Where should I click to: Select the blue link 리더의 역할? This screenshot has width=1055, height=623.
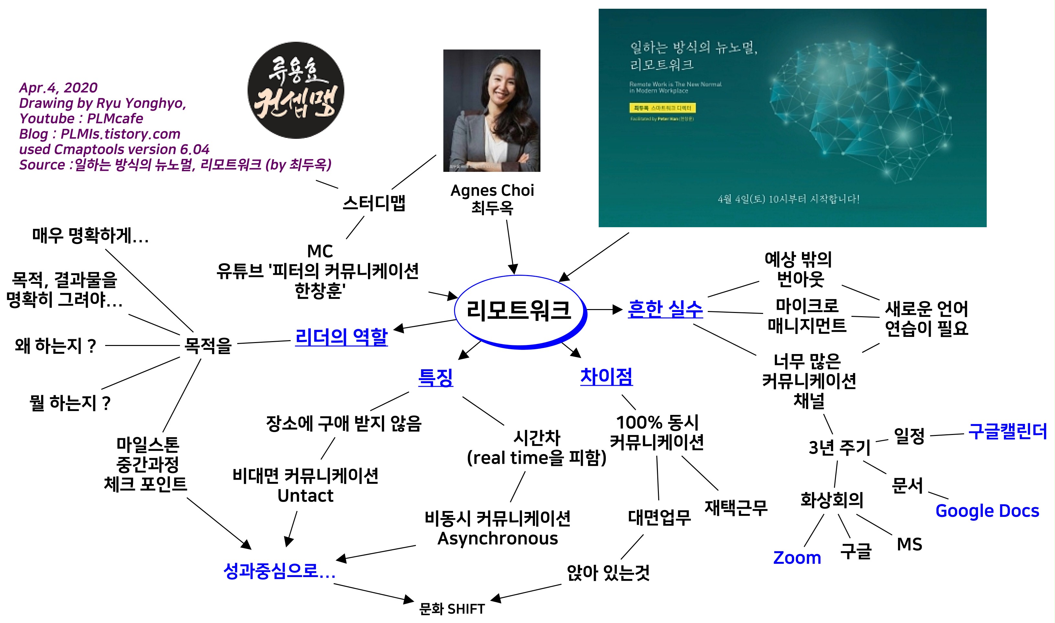(x=341, y=337)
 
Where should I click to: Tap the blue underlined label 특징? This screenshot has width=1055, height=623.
(x=436, y=377)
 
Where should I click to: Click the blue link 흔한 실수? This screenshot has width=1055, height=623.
(x=665, y=309)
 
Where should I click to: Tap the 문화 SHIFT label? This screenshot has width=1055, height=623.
(x=452, y=609)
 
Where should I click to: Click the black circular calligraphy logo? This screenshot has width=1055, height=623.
(x=296, y=90)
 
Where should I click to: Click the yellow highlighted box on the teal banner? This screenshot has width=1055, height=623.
(x=662, y=108)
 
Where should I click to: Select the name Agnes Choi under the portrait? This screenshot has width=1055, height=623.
(x=492, y=191)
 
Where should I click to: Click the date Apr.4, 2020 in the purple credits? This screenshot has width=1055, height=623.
(x=58, y=88)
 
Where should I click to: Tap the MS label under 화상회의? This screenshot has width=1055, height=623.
(x=909, y=544)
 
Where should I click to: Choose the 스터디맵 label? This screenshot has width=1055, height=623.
(x=373, y=203)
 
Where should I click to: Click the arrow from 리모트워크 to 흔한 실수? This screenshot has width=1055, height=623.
(x=604, y=310)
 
